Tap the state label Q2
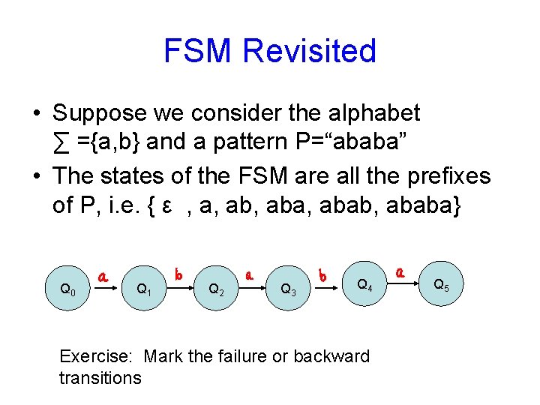[x=216, y=288]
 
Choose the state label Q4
[x=364, y=284]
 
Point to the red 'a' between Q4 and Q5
[x=402, y=272]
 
